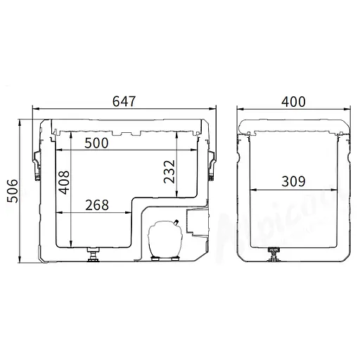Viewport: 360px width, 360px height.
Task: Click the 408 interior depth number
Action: point(64,188)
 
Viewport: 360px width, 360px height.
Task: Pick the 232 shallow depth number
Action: point(170,172)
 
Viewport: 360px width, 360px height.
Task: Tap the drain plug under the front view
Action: point(91,254)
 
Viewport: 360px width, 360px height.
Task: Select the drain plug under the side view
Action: point(272,254)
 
